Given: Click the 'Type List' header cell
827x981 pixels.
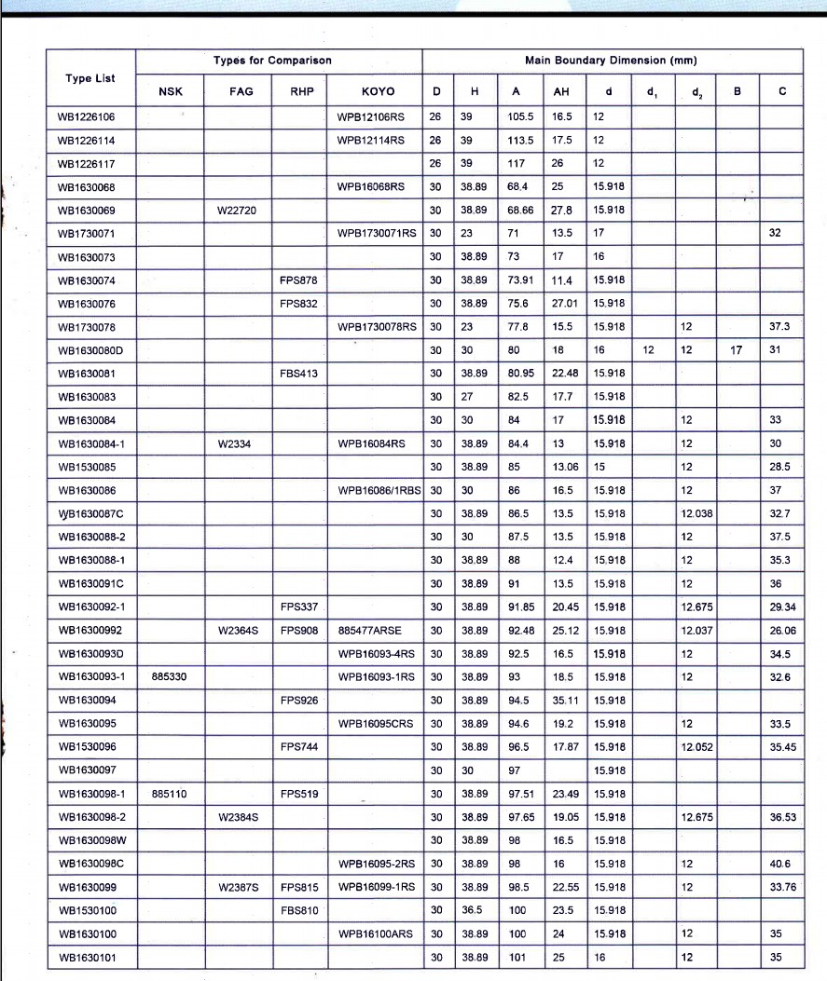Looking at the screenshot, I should [90, 78].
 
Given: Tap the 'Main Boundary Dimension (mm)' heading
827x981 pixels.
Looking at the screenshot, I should [611, 61].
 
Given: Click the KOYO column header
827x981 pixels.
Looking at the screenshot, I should [378, 91].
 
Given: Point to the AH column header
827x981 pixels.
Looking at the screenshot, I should [560, 91].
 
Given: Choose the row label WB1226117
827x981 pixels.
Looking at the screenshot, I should [85, 163].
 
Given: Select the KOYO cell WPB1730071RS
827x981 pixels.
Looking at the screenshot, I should [378, 233].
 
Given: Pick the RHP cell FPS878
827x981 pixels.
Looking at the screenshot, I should [298, 279].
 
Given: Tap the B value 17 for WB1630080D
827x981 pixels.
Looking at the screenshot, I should [736, 350].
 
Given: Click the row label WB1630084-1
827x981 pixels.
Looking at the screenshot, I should [90, 443].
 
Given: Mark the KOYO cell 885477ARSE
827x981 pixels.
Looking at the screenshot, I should [370, 630].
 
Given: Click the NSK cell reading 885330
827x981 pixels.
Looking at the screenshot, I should [169, 676].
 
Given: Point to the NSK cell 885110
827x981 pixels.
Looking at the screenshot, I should [169, 794].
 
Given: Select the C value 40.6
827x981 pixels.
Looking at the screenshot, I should [781, 864].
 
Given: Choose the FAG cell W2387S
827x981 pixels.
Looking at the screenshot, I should [238, 887].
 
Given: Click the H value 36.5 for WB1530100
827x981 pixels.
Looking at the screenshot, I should [473, 910].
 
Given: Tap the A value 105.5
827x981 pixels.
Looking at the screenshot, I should [520, 116].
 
